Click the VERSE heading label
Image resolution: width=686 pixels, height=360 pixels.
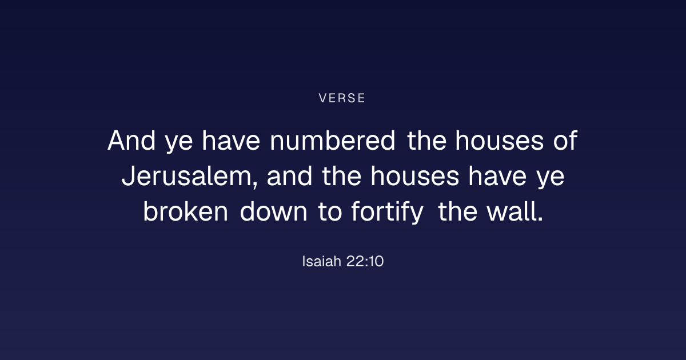[342, 98]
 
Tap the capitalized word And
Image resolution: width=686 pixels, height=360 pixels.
[131, 141]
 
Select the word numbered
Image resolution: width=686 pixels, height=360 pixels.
[333, 141]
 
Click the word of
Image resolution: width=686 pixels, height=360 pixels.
[565, 141]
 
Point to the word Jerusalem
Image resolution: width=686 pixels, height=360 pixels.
[189, 177]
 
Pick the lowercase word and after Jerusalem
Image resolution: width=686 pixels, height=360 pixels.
[289, 176]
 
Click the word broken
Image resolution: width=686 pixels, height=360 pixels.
[186, 211]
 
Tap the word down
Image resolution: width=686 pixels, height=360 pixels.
[273, 211]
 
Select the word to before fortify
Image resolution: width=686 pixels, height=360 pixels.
[330, 212]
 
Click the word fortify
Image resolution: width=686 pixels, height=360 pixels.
[388, 212]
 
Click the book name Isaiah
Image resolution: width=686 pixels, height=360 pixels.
[321, 262]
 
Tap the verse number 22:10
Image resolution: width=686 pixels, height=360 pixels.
[365, 262]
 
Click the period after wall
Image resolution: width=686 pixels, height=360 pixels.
[540, 219]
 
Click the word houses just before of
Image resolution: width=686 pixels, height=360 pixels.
[500, 141]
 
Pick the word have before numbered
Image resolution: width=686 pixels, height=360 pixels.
[231, 141]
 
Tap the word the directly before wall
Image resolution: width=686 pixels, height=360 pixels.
[457, 211]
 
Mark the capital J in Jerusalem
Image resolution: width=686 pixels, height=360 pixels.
[128, 176]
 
